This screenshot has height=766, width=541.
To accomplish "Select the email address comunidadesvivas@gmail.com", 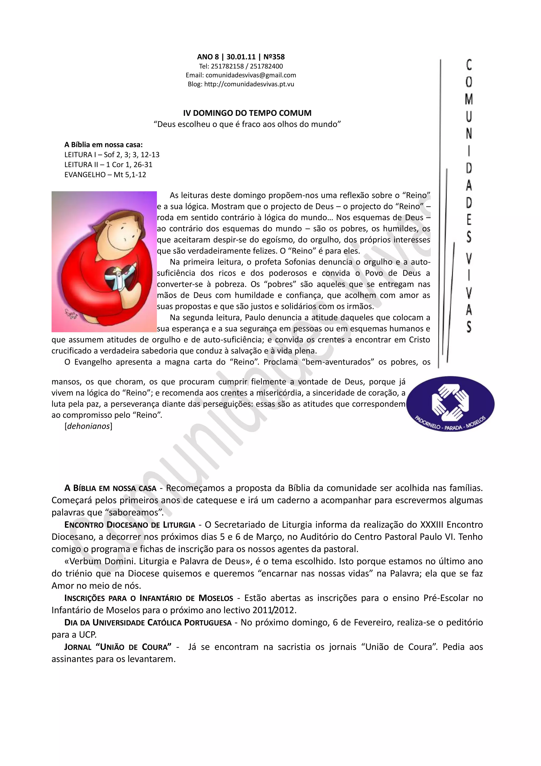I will pos(251,75).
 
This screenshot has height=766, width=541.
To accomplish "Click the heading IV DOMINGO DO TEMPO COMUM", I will pos(247,113).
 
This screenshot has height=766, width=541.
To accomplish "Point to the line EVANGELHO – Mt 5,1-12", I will pos(105,175).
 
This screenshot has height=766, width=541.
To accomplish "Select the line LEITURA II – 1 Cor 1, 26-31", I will pos(108,164).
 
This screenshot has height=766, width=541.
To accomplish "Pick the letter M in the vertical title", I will pos(469,99).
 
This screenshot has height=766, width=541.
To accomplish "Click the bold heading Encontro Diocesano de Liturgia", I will pos(130,525).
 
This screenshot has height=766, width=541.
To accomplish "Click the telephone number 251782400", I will pos(266,66).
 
